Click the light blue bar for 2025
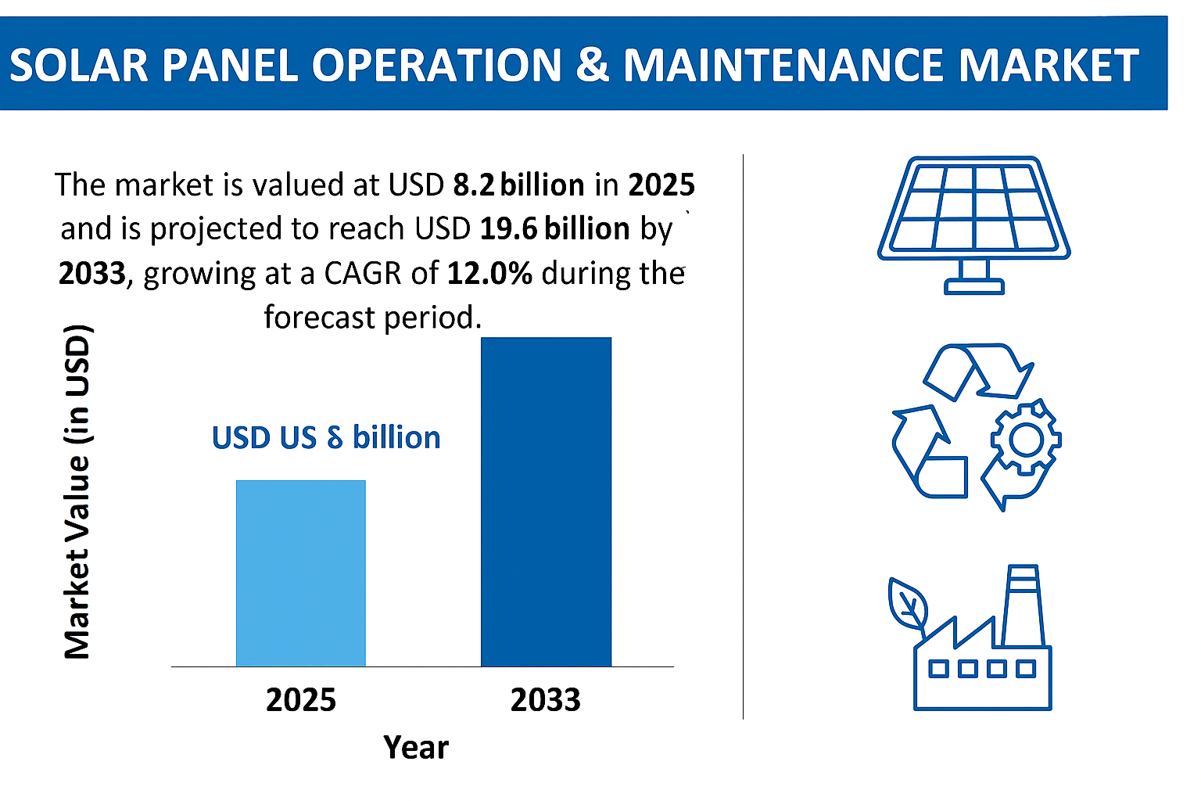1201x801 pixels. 300,573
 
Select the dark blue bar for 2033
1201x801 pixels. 546,501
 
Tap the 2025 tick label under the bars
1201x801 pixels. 301,699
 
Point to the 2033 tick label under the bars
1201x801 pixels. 545,699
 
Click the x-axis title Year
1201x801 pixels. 416,748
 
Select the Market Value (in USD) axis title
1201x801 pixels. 77,491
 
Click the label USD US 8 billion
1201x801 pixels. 326,437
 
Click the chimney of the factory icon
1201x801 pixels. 1023,605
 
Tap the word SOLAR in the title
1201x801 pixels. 78,65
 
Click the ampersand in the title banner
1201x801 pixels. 592,65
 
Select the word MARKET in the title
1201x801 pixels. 1048,65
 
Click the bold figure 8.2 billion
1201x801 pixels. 518,185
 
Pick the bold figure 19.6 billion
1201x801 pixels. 554,228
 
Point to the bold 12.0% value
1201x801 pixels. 489,273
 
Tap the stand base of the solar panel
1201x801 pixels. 973,286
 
